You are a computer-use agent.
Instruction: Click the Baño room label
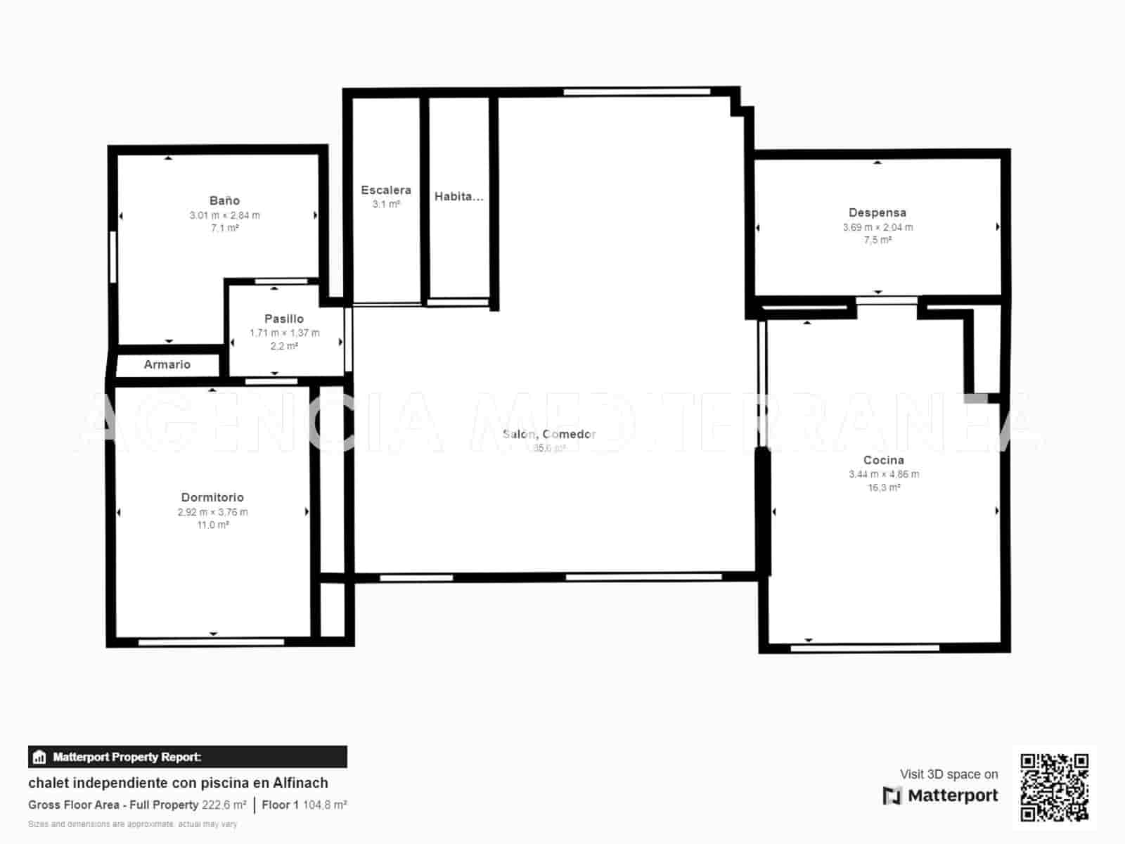[224, 201]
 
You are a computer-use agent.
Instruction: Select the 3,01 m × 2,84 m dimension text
[224, 216]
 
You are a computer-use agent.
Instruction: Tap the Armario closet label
[167, 364]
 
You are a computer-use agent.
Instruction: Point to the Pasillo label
[284, 319]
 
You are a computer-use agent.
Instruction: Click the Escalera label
[386, 191]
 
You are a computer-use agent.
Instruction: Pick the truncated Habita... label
[458, 197]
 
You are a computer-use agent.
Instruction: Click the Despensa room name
[877, 213]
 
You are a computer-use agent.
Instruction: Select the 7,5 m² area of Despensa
[877, 241]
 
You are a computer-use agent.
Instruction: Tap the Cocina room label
[883, 461]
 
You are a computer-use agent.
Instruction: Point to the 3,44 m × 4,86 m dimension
[883, 475]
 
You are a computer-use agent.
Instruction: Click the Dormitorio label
[212, 498]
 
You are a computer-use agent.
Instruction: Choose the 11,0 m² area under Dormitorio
[212, 525]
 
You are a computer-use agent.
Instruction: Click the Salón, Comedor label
[549, 435]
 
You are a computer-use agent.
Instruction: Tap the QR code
[1054, 788]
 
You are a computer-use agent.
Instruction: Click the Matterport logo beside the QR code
[940, 796]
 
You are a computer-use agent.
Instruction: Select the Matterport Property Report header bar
[187, 757]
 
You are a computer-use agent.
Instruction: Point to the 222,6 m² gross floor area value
[224, 805]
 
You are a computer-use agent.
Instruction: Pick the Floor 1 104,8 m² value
[324, 805]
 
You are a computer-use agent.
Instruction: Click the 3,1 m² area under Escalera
[386, 205]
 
